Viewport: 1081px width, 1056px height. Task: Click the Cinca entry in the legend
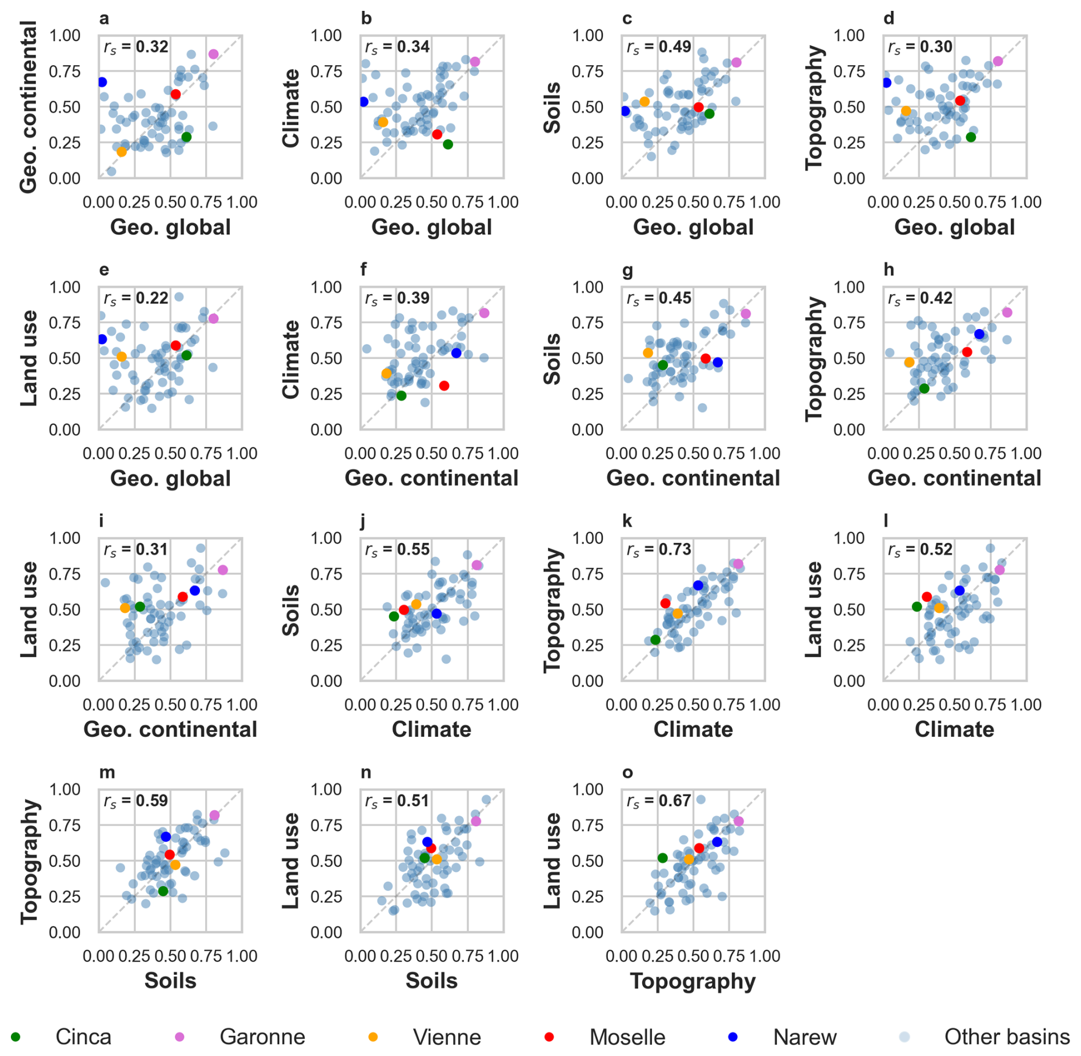[63, 1037]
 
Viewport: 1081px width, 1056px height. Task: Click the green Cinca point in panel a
[186, 137]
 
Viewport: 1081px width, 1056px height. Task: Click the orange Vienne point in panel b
[383, 122]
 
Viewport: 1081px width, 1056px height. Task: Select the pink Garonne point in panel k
[738, 564]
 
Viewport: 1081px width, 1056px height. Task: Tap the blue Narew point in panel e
[102, 339]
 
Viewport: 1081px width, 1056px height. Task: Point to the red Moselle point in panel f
[444, 386]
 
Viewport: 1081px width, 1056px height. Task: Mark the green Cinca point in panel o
[662, 858]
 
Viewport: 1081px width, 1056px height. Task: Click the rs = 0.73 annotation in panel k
[659, 549]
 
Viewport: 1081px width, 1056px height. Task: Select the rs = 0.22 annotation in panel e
[136, 298]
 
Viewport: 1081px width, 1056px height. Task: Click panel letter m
[107, 772]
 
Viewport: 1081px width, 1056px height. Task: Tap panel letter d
[888, 18]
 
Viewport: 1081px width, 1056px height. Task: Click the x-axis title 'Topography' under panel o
[692, 981]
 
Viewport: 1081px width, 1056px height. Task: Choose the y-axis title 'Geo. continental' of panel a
[29, 107]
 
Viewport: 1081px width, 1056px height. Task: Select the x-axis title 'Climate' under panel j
[431, 729]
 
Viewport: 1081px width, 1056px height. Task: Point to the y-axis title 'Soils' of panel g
[552, 358]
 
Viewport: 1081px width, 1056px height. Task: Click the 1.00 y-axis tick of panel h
[848, 287]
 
